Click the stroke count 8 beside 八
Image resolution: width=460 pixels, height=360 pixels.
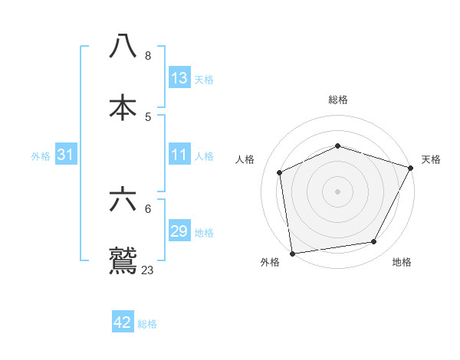148,56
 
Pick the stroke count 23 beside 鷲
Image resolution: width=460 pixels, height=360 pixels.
148,270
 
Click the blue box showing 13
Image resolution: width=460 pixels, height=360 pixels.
179,78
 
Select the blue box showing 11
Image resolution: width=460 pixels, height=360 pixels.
179,155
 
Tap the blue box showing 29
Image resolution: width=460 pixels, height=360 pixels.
179,231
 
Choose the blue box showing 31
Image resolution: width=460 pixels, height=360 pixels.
66,155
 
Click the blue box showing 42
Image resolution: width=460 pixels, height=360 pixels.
123,322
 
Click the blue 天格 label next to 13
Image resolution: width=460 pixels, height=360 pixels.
204,79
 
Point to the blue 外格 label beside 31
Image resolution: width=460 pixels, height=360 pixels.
41,155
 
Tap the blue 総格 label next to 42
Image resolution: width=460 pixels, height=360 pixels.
147,323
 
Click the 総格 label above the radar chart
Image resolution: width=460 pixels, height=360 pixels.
338,100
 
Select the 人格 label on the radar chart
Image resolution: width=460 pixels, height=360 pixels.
245,159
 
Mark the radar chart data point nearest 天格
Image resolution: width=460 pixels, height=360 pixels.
411,168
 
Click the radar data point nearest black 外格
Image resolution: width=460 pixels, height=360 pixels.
292,253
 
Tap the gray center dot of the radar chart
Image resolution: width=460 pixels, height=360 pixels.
337,191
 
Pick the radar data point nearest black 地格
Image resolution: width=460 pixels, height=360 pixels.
374,242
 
